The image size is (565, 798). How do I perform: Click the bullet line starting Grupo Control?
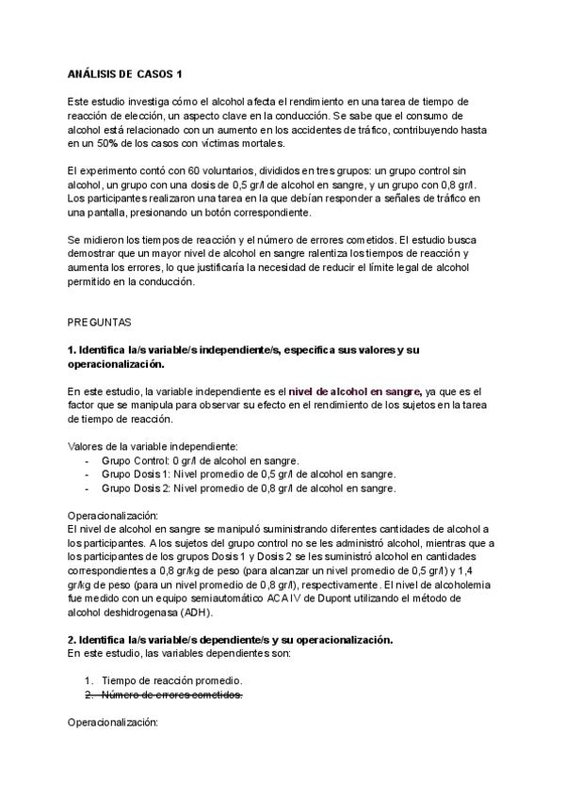(200, 460)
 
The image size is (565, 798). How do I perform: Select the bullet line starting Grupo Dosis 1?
(248, 474)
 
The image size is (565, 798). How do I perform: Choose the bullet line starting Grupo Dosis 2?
(248, 488)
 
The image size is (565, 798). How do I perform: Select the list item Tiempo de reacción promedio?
(171, 680)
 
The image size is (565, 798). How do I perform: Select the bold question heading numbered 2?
(230, 640)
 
